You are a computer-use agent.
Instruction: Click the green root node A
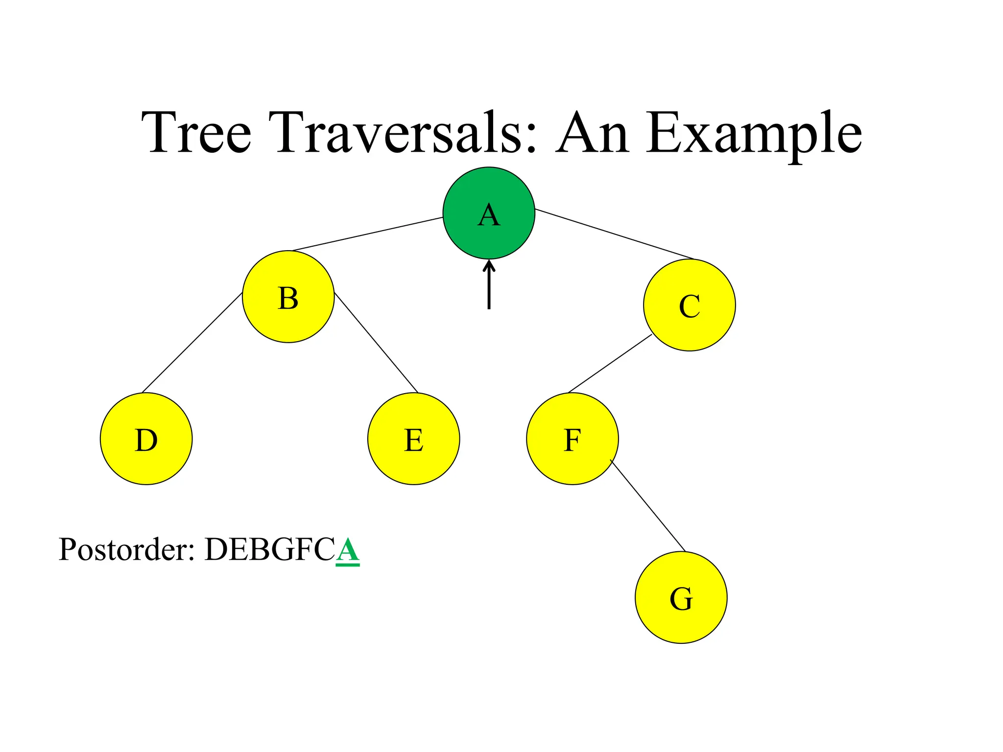click(x=488, y=213)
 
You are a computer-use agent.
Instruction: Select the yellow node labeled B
click(x=288, y=297)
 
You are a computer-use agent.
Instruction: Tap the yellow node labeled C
click(x=689, y=305)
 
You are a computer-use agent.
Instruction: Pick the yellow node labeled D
click(x=146, y=439)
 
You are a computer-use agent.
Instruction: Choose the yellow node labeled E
click(x=413, y=439)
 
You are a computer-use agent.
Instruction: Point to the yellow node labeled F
click(x=572, y=439)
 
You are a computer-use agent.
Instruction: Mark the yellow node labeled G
click(x=681, y=597)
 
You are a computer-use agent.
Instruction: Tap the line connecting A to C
click(x=615, y=234)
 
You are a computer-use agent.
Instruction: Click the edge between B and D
click(x=192, y=343)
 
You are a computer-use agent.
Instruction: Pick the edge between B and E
click(x=376, y=343)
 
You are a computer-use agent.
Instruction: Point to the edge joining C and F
click(x=610, y=363)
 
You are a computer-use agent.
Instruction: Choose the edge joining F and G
click(x=647, y=505)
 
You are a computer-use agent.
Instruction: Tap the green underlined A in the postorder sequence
click(x=348, y=550)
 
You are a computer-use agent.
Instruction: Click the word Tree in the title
click(x=196, y=132)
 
